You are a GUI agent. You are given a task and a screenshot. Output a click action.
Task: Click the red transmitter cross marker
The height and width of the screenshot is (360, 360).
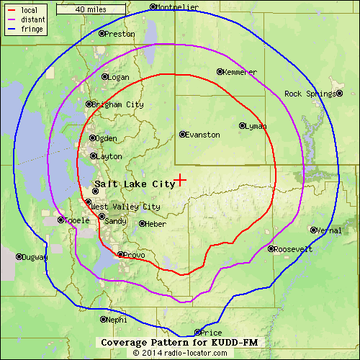(x=180, y=180)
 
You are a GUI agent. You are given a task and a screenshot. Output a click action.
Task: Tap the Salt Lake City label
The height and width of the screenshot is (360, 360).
(x=135, y=184)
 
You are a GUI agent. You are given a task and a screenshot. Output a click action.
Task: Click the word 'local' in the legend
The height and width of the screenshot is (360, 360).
(x=30, y=10)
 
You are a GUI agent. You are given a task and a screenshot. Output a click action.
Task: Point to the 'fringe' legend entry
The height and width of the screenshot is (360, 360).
(x=32, y=30)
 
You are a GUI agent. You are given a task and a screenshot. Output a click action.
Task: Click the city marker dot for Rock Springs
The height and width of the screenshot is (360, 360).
(x=340, y=94)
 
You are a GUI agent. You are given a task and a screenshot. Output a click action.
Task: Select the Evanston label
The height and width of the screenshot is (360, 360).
(x=202, y=135)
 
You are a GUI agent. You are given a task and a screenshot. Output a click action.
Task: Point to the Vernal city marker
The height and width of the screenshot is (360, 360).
(x=312, y=230)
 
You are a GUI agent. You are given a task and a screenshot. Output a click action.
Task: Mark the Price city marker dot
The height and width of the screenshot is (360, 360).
(x=198, y=333)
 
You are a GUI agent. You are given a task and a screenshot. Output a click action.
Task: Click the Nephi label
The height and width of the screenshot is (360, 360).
(x=117, y=320)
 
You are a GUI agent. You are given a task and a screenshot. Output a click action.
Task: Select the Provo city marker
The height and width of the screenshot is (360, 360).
(x=120, y=254)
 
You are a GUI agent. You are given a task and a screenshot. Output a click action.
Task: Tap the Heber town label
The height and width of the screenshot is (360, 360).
(x=156, y=224)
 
